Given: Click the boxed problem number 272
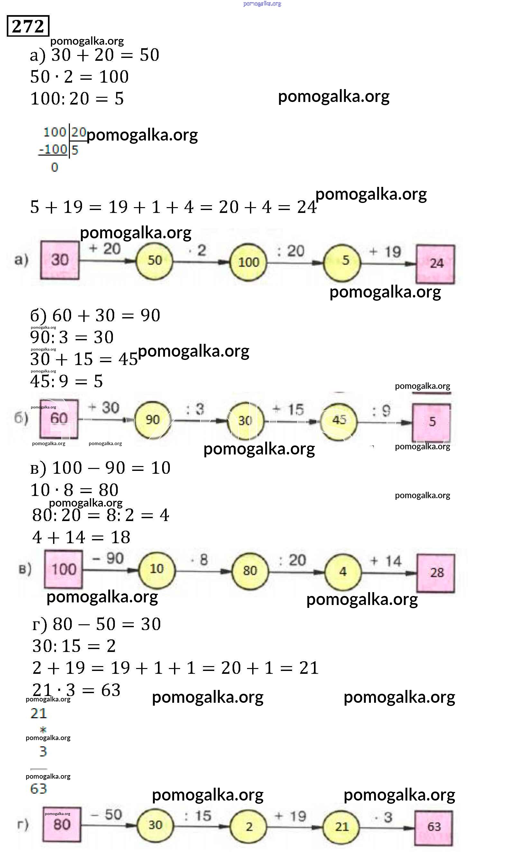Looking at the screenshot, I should pos(28,26).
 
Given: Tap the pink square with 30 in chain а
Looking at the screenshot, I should pos(60,260).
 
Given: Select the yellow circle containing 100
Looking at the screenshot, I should pos(248,262).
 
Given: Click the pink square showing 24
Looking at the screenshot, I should pos(436,264).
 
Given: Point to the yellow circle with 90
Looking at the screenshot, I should pos(152,420).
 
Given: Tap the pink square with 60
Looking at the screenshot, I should pos(59,418).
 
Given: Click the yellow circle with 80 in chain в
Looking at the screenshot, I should pos(250,571).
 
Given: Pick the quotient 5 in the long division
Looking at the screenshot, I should pos(75,150).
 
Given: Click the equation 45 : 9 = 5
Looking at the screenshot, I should pos(67,381).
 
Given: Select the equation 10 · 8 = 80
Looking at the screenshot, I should pos(75,490).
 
